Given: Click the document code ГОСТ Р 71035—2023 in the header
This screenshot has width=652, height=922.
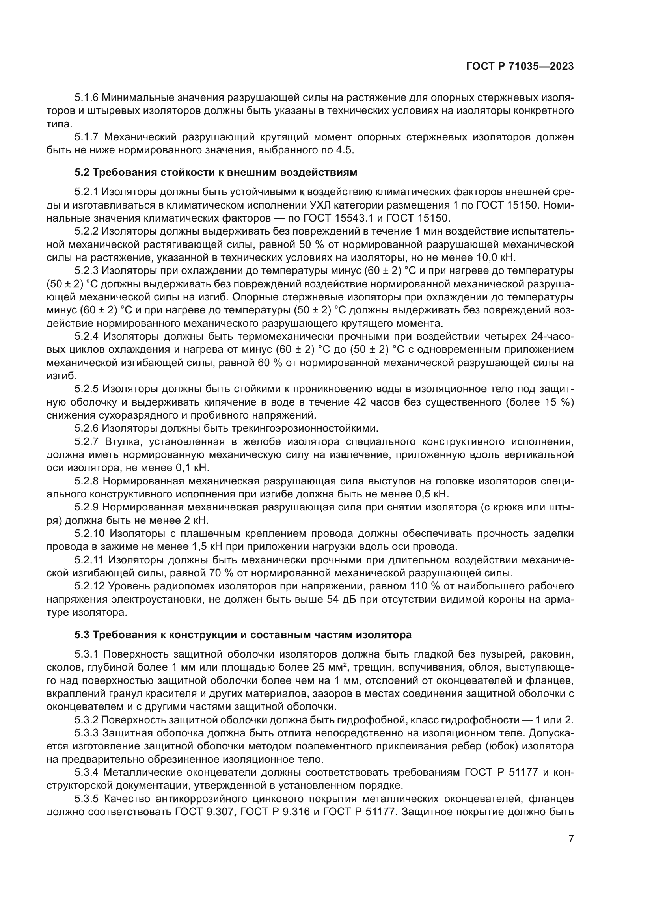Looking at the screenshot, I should click(520, 67).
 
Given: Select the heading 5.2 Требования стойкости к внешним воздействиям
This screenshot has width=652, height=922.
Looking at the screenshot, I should click(216, 173).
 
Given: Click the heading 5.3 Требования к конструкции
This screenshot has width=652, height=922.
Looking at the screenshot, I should click(243, 635).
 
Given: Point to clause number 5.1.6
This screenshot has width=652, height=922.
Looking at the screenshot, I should click(86, 98).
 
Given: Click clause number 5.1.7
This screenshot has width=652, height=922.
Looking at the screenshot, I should click(86, 137).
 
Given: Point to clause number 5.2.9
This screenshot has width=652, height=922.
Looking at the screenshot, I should click(86, 508).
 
